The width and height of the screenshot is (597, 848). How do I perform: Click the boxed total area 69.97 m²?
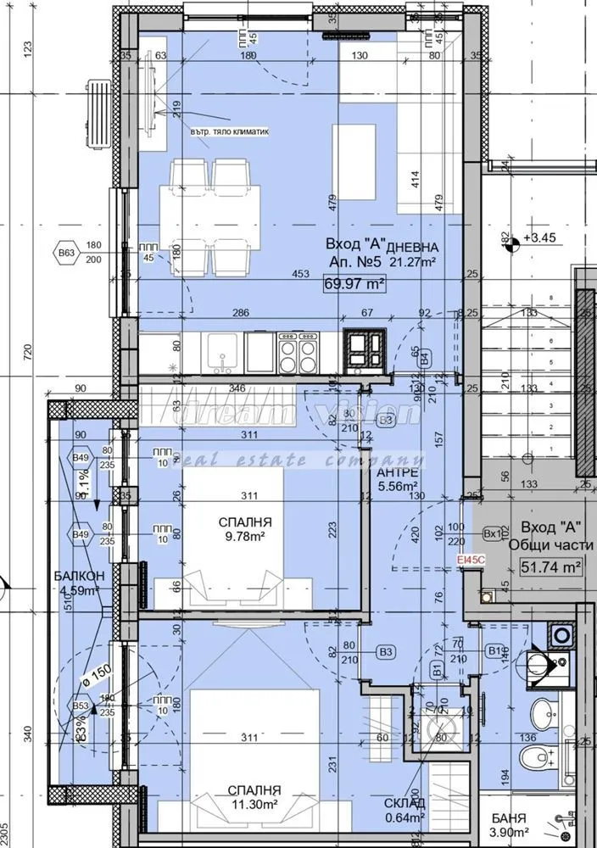354,286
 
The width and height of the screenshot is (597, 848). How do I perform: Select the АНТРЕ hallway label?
398,473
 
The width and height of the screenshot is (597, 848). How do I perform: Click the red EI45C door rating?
471,560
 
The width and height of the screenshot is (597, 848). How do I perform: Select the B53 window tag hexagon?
81,706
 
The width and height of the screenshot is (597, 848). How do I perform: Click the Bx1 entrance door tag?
493,534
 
